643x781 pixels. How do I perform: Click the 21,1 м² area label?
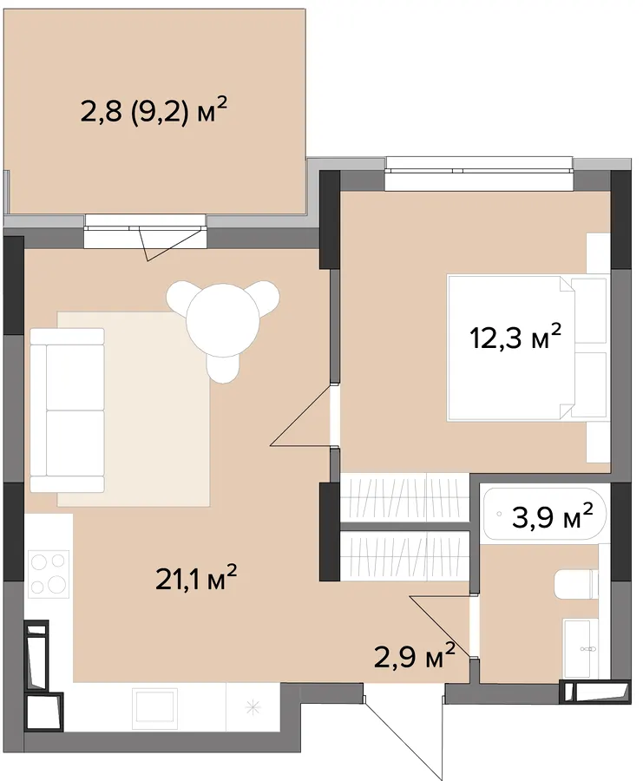click(196, 579)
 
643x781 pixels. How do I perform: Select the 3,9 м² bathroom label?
click(553, 516)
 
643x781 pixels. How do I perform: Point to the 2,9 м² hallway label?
click(415, 655)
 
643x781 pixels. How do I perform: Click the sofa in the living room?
click(67, 410)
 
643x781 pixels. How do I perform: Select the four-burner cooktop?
click(49, 574)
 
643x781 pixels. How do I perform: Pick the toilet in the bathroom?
click(576, 585)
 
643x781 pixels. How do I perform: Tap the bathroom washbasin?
click(581, 648)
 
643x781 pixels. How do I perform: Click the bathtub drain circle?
click(499, 514)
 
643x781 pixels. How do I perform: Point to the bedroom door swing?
click(301, 415)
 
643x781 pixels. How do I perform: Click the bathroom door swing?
click(440, 626)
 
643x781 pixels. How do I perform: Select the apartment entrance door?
click(404, 732)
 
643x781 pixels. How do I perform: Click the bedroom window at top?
click(479, 174)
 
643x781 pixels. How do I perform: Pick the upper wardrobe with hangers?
click(404, 497)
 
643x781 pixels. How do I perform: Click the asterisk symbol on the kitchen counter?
click(253, 706)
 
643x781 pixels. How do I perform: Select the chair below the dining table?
click(223, 366)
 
